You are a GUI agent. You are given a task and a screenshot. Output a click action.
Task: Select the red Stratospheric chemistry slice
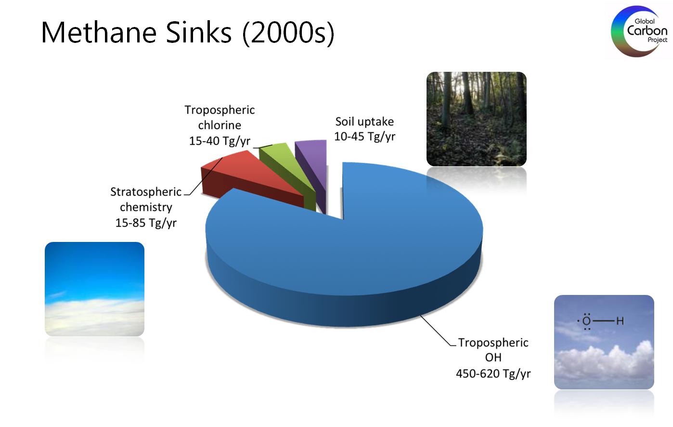point(252,177)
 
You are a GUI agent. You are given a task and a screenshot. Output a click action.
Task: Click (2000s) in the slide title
point(288,33)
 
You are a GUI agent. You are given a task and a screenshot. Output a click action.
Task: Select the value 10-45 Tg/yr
point(364,137)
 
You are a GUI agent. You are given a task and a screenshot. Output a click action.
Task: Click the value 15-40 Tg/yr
point(220,141)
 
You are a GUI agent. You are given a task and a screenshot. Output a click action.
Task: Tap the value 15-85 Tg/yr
point(146,223)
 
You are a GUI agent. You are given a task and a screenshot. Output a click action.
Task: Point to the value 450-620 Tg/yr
point(493,374)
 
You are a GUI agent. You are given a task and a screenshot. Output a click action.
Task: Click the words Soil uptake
point(364,122)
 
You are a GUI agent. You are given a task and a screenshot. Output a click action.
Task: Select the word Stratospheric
point(146,192)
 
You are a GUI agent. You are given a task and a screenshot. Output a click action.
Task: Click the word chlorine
point(220,125)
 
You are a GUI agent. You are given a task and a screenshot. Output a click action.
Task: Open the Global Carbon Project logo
point(639,31)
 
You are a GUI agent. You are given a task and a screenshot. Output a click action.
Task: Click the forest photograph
point(477,119)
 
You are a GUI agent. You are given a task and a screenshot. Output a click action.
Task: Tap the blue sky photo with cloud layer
point(95,289)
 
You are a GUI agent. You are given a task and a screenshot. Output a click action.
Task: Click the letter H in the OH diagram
point(620,321)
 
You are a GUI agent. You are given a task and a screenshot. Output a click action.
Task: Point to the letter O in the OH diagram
point(586,321)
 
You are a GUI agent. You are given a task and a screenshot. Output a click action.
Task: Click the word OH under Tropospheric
point(493,358)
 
